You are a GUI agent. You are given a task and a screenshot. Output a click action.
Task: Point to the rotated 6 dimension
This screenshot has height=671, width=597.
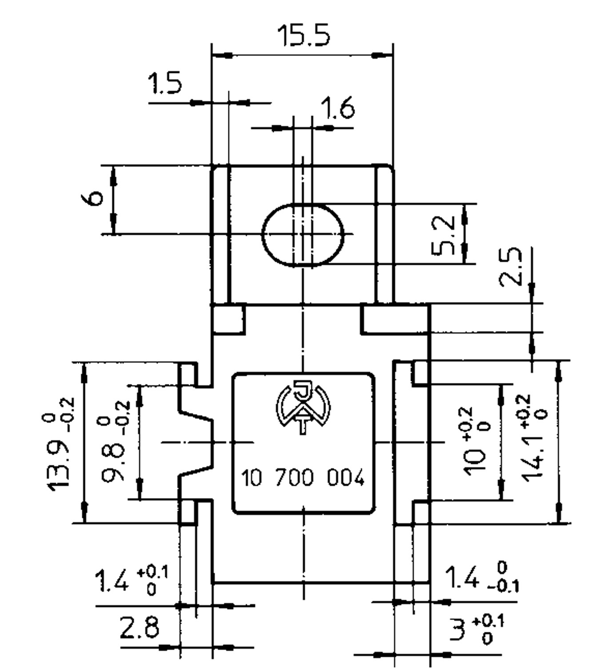pyautogui.click(x=92, y=198)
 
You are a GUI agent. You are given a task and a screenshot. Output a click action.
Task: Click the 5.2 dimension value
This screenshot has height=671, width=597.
pyautogui.click(x=444, y=235)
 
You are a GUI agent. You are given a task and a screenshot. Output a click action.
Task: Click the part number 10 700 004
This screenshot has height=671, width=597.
pyautogui.click(x=303, y=479)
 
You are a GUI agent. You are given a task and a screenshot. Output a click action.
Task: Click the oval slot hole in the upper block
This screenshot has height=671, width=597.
pyautogui.click(x=303, y=234)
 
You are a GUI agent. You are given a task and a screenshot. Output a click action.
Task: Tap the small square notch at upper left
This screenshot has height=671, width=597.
pyautogui.click(x=228, y=318)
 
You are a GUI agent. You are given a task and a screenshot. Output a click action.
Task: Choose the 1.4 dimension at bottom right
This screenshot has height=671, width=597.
pyautogui.click(x=464, y=578)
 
